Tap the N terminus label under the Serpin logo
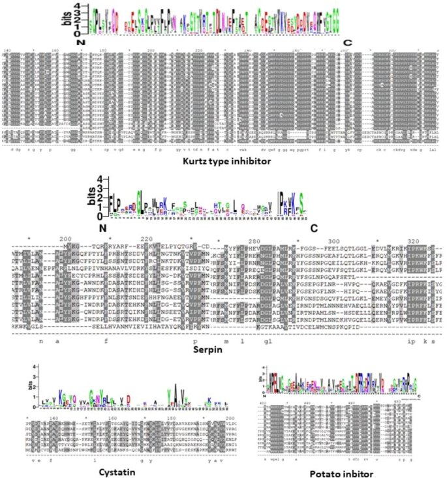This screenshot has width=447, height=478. [x=102, y=228]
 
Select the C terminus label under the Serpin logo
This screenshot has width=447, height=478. [x=314, y=228]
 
